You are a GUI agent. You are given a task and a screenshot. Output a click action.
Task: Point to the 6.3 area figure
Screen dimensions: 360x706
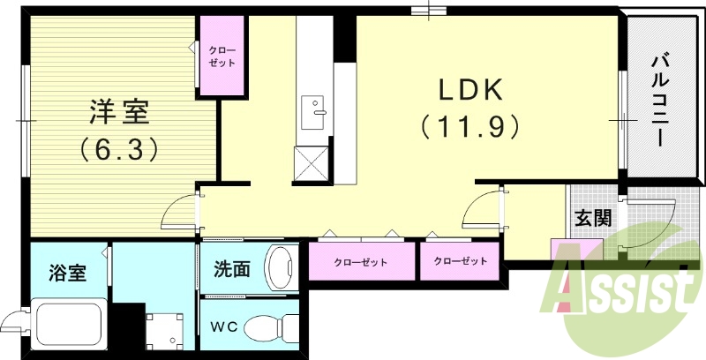120,149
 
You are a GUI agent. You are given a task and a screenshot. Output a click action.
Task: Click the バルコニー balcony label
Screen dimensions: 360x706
658,99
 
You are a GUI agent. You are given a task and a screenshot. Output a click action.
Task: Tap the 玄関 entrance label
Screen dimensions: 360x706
594,218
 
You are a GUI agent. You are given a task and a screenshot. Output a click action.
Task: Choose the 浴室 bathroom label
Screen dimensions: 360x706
67,273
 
